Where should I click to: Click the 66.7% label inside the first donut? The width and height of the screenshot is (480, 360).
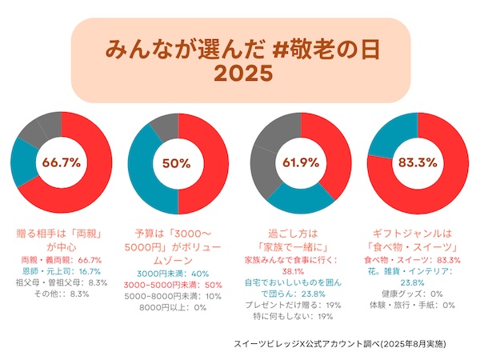coord(62,162)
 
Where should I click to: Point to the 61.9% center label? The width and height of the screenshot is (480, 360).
coord(301,162)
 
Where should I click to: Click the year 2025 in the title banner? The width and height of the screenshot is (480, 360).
coord(244,74)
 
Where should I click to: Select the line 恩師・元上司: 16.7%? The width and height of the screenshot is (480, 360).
coord(62,271)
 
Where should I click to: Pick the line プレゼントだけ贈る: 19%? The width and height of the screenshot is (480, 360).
coord(298,305)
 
